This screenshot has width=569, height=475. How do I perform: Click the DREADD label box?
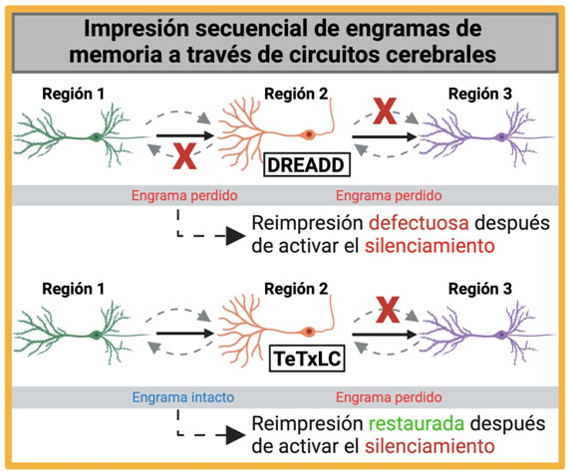[307, 165]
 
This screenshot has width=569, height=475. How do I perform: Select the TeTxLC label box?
[307, 358]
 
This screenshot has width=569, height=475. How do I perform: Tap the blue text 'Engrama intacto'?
[183, 397]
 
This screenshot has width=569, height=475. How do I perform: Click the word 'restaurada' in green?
[417, 423]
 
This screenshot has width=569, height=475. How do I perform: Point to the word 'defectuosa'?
[419, 223]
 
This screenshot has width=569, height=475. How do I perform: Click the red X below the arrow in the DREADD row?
[184, 156]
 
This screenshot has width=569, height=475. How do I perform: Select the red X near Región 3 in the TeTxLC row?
[388, 310]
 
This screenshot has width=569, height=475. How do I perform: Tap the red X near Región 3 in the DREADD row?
[385, 111]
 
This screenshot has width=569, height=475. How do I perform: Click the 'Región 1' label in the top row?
[74, 94]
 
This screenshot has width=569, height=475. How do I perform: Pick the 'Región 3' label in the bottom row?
[480, 289]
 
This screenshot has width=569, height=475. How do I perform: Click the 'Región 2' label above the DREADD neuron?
[296, 94]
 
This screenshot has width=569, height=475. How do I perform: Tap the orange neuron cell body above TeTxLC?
[309, 332]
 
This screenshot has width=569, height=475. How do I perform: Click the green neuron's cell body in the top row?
[96, 137]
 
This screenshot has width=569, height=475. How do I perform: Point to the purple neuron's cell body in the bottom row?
[501, 335]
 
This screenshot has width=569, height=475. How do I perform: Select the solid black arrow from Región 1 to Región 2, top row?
[185, 136]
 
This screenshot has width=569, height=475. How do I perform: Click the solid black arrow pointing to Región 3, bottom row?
[385, 335]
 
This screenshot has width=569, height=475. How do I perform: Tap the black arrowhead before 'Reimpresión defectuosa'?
[236, 236]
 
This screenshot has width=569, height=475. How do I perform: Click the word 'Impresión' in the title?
[137, 29]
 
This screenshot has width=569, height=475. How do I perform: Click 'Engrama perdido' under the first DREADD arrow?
[184, 196]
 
